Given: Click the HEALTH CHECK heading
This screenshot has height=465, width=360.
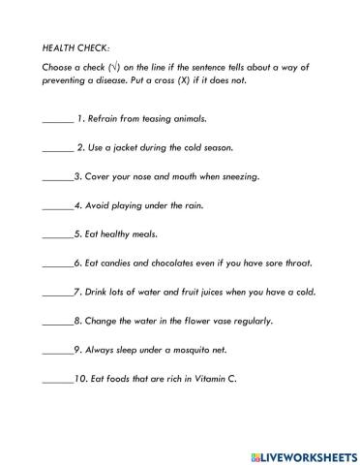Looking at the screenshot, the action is point(76,46).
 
